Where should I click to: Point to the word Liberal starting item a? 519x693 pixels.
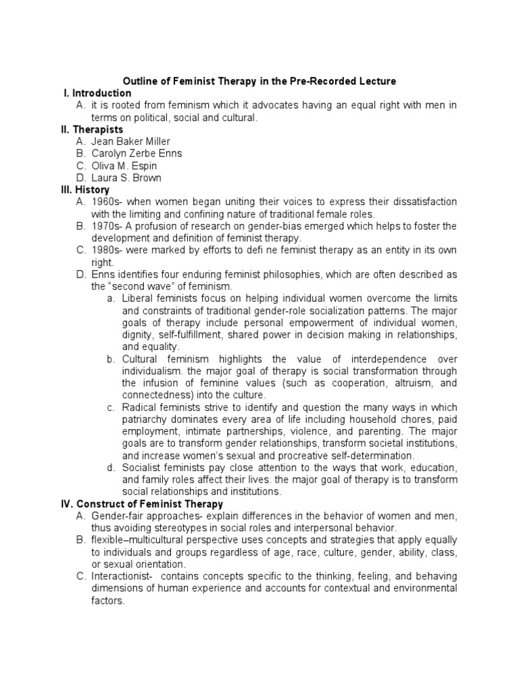point(139,298)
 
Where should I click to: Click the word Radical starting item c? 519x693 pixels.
point(140,407)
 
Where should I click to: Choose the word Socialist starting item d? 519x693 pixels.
point(143,468)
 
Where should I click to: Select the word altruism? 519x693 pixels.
point(391,383)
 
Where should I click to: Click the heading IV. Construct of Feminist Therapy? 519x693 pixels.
point(142,504)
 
